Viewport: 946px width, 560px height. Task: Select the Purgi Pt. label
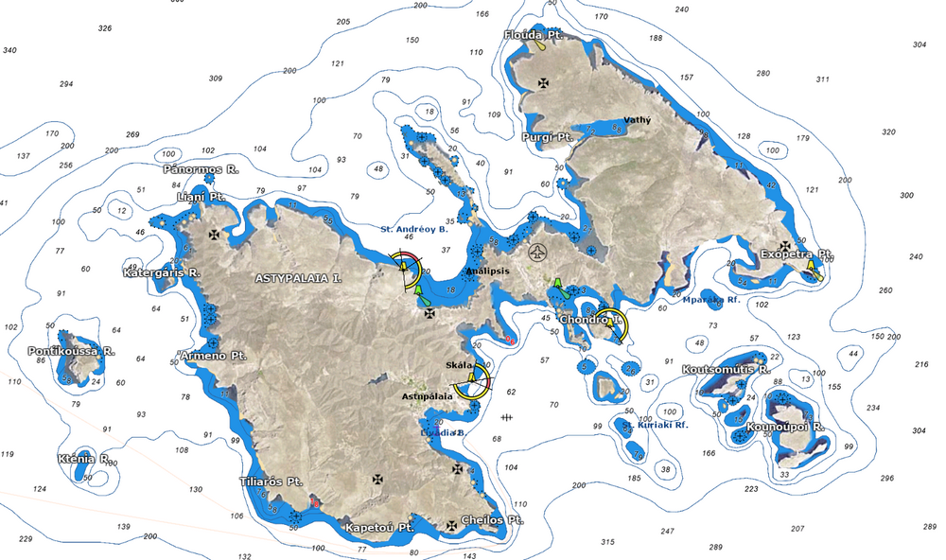548,137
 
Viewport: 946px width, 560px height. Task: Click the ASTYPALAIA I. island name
298,279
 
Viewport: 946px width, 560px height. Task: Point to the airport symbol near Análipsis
536,253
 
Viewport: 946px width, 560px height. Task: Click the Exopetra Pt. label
796,254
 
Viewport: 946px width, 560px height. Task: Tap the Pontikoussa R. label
72,351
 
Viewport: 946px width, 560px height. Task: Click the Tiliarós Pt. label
270,481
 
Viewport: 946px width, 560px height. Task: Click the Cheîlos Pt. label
492,520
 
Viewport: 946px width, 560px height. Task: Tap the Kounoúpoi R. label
786,427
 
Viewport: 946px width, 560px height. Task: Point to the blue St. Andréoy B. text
413,229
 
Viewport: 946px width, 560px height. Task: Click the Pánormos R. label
201,169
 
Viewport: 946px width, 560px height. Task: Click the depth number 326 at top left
104,28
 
